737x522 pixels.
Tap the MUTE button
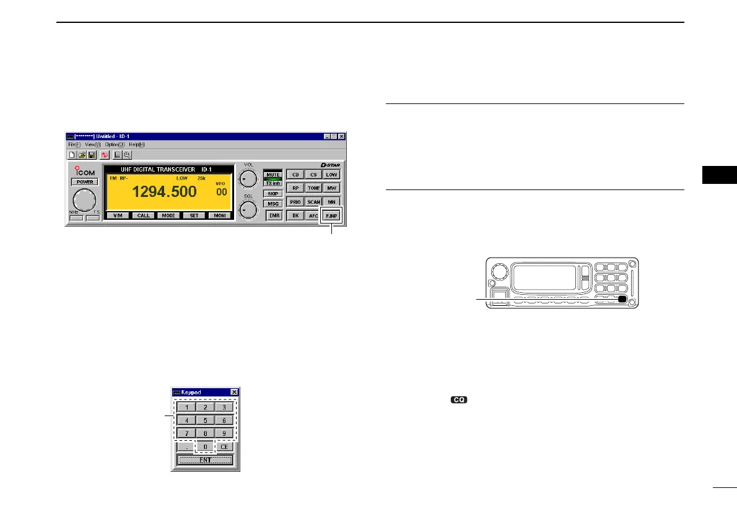(273, 175)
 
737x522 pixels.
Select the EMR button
(273, 216)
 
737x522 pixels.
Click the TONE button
(314, 188)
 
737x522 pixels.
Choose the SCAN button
(314, 202)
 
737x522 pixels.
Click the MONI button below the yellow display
(219, 215)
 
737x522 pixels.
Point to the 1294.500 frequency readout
(164, 191)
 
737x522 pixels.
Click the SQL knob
(248, 209)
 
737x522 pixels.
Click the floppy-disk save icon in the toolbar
(91, 154)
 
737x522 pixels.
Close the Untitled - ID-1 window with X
(341, 136)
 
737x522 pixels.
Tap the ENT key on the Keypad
(205, 460)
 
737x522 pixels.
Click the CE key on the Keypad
(224, 446)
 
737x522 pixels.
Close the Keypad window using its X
(234, 392)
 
